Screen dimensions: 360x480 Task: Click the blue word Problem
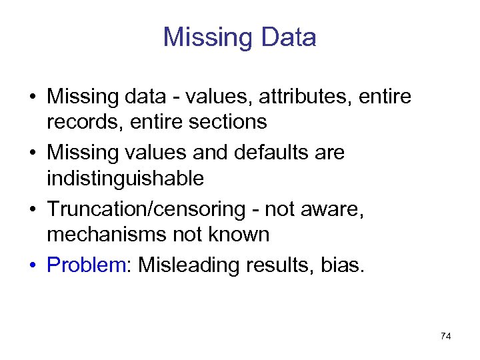86,265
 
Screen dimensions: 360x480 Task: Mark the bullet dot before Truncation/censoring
32,210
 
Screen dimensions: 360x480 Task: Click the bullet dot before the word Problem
32,266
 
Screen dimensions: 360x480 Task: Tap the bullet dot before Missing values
32,153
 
